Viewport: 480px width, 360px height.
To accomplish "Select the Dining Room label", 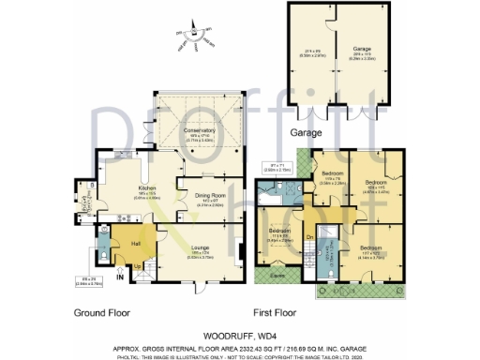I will coord(209,196).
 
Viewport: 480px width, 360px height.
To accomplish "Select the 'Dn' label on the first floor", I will coord(309,236).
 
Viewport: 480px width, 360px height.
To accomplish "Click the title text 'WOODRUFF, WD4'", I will coord(239,333).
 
